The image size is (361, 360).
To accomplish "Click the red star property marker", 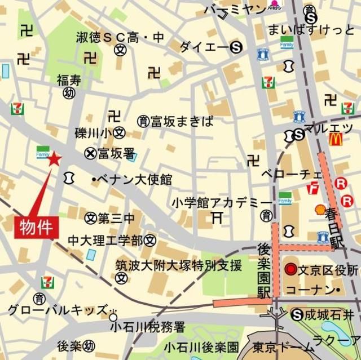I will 54,159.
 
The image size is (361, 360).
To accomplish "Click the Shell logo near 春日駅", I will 320,209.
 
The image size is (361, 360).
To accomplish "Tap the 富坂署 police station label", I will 115,153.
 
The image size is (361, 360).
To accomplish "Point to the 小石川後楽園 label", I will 202,346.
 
